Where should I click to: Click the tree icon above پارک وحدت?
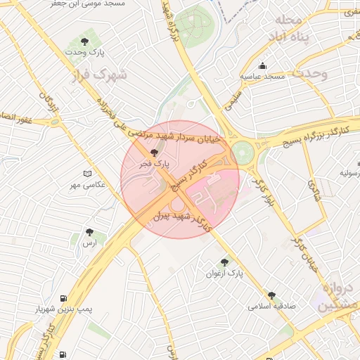click(85, 42)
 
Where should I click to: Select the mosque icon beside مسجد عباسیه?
click(263, 65)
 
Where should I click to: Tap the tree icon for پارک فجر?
click(155, 152)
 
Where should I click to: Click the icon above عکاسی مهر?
click(87, 173)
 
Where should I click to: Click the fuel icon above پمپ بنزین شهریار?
click(64, 298)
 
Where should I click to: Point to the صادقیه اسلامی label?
click(272, 307)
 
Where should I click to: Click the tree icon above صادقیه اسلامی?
click(271, 295)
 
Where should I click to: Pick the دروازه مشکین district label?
click(339, 297)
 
